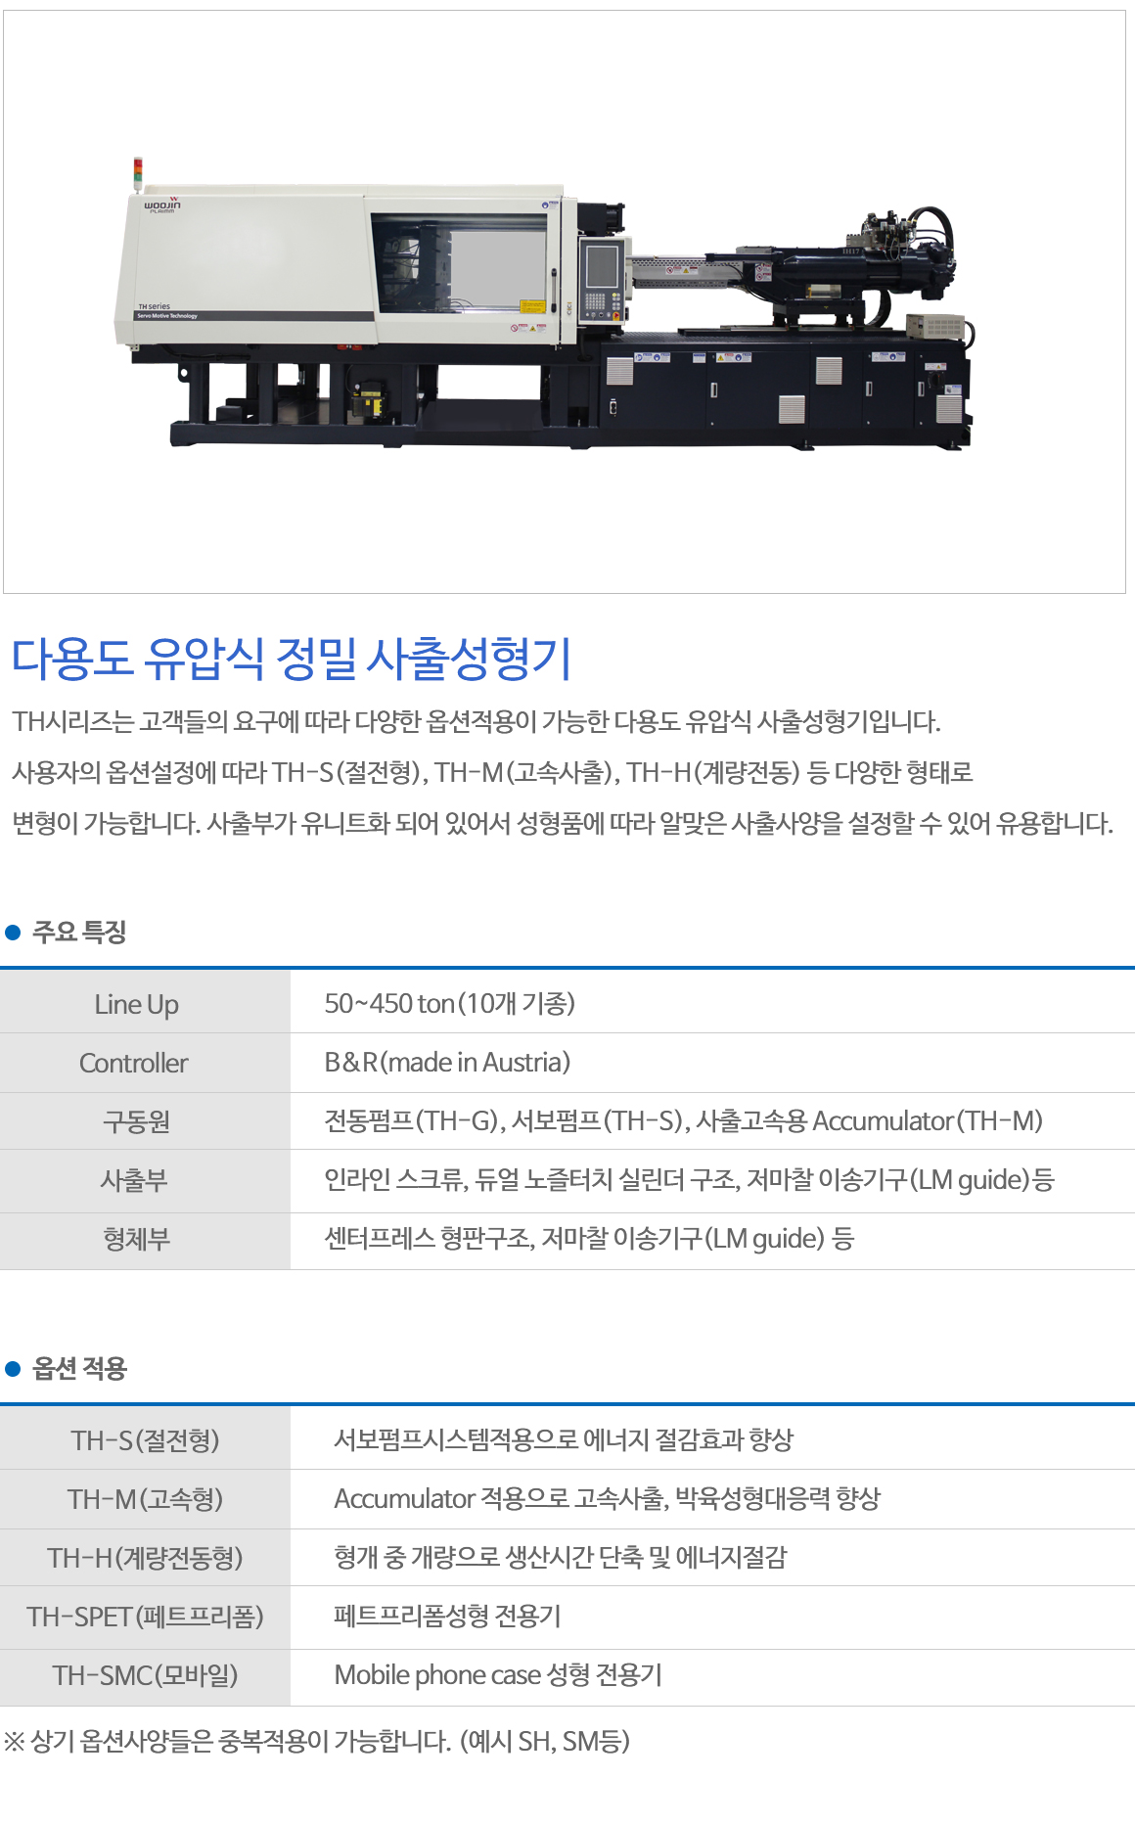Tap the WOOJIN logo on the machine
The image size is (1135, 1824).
tap(162, 205)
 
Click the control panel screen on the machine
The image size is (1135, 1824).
tap(601, 265)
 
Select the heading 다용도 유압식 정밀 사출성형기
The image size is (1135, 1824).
tap(291, 659)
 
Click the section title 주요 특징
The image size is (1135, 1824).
tap(79, 932)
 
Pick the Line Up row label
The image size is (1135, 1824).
tap(136, 1004)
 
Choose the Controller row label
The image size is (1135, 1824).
tap(134, 1063)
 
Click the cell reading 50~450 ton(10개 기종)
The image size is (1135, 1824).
tap(450, 1003)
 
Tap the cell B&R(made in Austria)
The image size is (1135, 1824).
tap(447, 1062)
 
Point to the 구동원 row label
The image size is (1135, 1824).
tap(136, 1121)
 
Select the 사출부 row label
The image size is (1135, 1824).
tap(134, 1180)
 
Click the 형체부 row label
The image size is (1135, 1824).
tap(136, 1239)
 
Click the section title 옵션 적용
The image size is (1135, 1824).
tap(79, 1368)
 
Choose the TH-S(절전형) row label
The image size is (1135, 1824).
tap(145, 1440)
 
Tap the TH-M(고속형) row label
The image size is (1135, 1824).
tap(145, 1499)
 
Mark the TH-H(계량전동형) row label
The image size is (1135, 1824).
tap(145, 1558)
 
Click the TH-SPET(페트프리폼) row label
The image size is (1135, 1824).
tap(145, 1617)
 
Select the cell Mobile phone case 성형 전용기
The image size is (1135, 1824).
tap(498, 1675)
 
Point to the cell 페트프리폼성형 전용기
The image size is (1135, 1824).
tap(447, 1616)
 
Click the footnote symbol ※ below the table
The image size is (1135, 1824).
tap(14, 1742)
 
